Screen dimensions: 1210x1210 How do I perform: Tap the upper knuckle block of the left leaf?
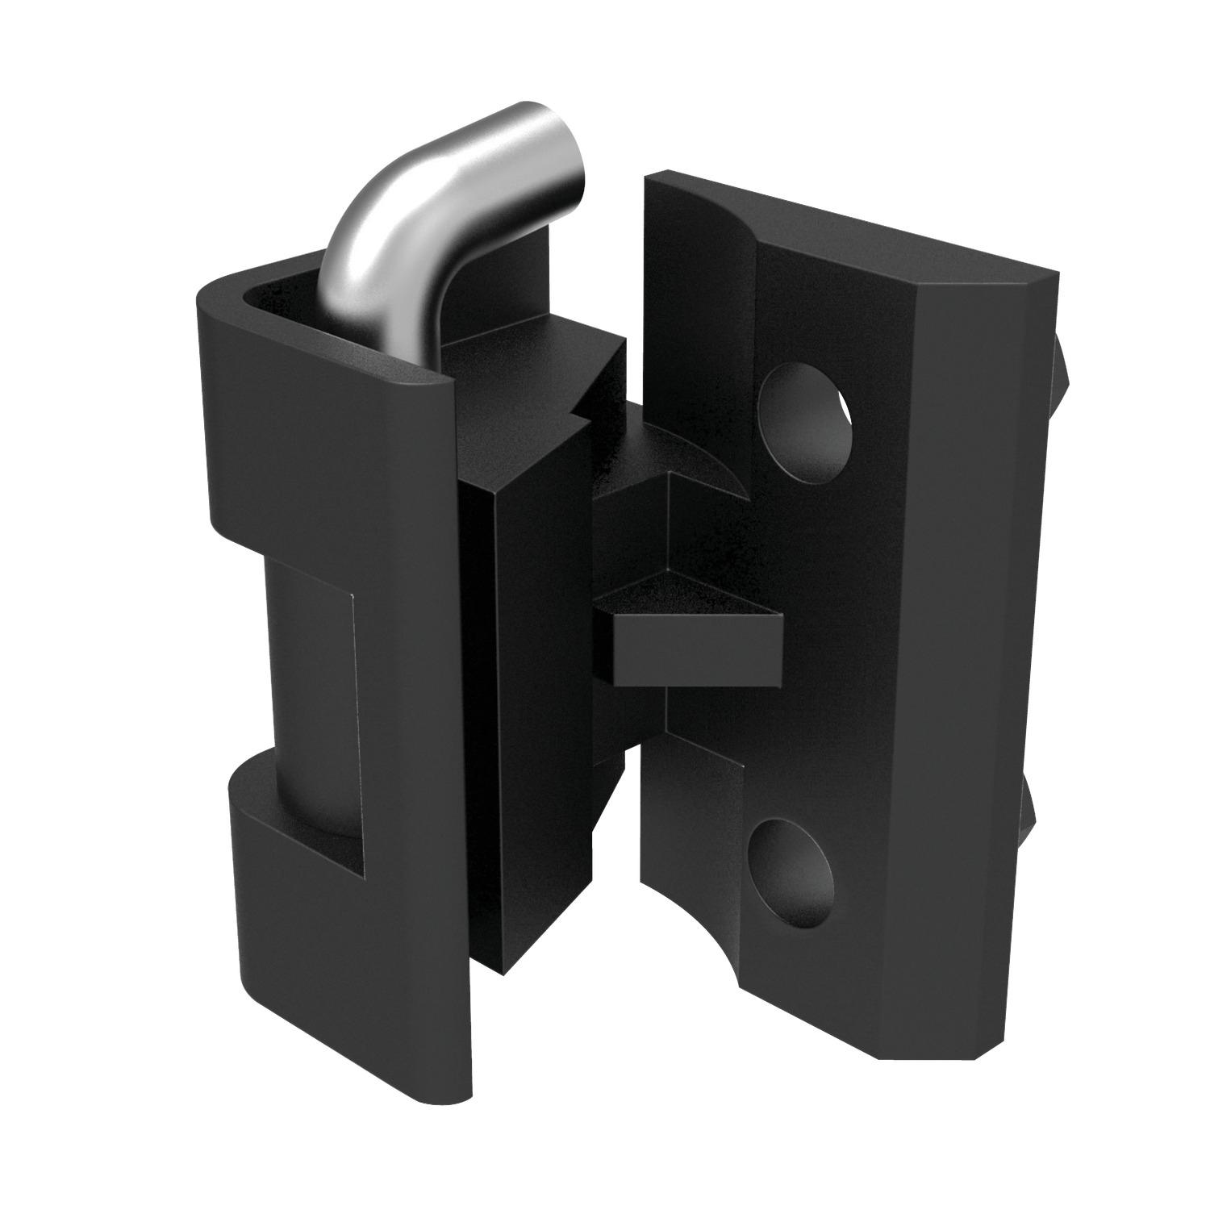(323, 452)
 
